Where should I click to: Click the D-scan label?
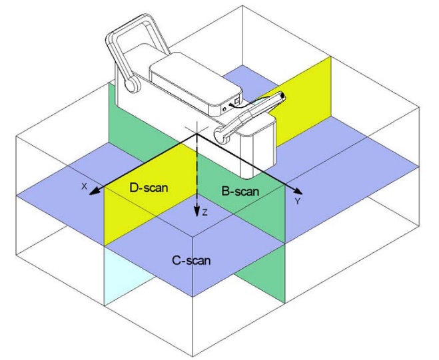coord(149,188)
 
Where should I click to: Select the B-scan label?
coord(240,192)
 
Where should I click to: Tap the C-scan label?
coord(191,260)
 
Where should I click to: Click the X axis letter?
coord(85,186)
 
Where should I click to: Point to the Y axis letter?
coord(298,201)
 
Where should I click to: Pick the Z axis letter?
coord(205,212)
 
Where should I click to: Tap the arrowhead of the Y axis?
coord(298,192)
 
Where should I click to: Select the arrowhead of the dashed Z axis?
coord(197,212)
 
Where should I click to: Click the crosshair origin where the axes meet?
coord(197,134)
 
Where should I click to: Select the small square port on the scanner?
coord(237,100)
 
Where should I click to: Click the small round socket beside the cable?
coord(224,109)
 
